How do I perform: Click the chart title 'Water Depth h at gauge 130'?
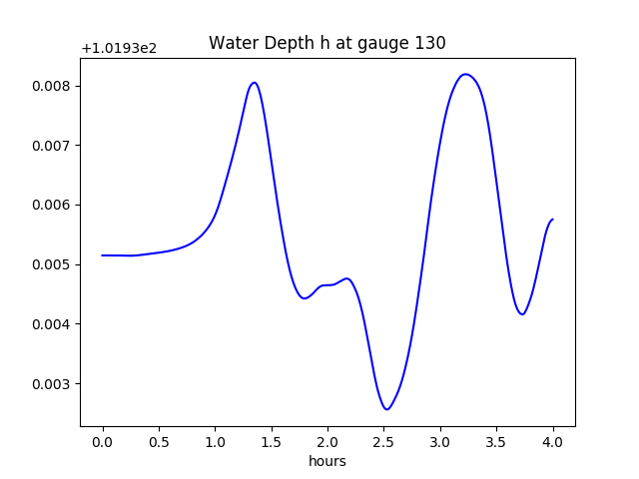(x=326, y=43)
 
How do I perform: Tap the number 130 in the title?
(x=431, y=43)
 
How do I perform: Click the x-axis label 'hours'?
(x=326, y=461)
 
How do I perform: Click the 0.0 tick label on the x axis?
(x=103, y=442)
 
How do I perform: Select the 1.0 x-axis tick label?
(x=215, y=442)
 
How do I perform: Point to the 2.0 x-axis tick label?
(x=327, y=442)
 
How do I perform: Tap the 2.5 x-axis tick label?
(x=384, y=442)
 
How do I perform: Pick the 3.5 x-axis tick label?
(x=496, y=442)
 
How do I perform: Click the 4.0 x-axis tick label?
(x=552, y=442)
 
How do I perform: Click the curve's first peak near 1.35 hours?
(x=255, y=83)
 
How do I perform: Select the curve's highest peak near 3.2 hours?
(x=465, y=74)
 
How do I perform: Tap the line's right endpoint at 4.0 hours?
(x=552, y=220)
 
